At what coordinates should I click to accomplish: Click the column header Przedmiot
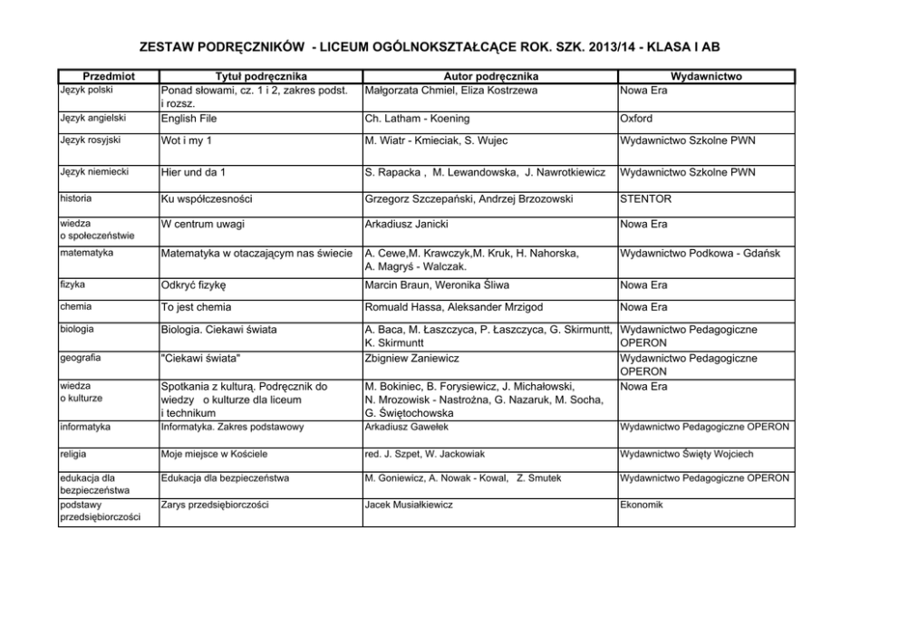pyautogui.click(x=108, y=77)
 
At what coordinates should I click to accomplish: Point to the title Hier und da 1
pyautogui.click(x=193, y=172)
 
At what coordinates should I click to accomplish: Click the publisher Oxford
pyautogui.click(x=637, y=119)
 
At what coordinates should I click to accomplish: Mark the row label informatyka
pyautogui.click(x=85, y=426)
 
